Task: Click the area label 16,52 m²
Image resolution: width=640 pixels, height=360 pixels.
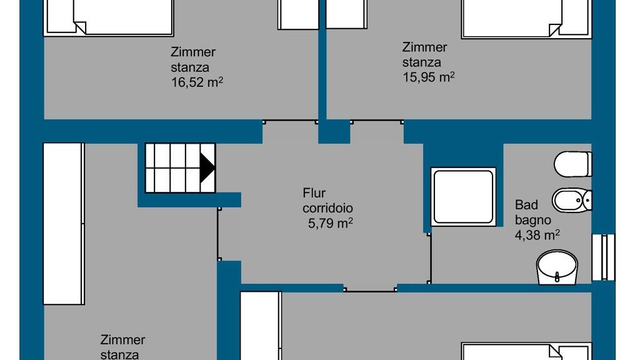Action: [197, 82]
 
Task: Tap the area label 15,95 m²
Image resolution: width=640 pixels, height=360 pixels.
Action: [429, 77]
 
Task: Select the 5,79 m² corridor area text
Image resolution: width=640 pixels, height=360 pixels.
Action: [330, 223]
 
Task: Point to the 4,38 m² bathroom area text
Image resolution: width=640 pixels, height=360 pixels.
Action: [537, 235]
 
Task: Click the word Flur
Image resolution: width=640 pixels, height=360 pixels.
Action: [314, 192]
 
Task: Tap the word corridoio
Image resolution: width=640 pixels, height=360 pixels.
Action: [327, 208]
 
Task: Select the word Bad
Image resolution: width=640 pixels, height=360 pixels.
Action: [526, 204]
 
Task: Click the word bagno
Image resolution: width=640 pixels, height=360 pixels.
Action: [532, 221]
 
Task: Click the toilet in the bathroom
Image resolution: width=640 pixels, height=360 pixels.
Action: [572, 164]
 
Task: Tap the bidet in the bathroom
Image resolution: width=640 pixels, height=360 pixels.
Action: [572, 200]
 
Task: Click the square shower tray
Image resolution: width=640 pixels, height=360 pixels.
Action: [463, 196]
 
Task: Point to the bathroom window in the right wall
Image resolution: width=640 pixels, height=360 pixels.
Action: [603, 257]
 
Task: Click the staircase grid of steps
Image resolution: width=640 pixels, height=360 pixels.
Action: [180, 167]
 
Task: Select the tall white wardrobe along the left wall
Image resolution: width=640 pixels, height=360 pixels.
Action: [64, 223]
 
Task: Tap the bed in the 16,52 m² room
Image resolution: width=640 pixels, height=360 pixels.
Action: [109, 17]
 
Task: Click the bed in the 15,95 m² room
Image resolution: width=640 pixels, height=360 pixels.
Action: [526, 19]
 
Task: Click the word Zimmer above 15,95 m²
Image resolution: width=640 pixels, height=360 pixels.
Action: [424, 47]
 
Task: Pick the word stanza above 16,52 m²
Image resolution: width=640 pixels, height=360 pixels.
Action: [190, 67]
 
